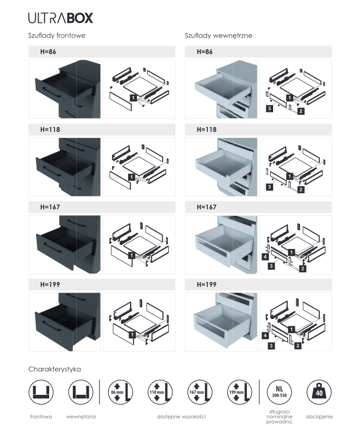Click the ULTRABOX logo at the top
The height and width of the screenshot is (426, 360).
[60, 19]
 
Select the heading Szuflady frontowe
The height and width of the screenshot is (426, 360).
[57, 36]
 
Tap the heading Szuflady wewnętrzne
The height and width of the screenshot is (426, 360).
[218, 36]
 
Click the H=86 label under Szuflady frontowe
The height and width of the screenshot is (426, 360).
[49, 52]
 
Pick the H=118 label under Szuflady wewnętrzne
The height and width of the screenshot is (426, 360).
[206, 129]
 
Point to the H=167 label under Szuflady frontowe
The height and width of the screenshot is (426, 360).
[50, 207]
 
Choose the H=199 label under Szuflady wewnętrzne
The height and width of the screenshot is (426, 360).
[206, 285]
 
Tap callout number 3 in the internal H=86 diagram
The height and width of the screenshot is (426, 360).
[270, 108]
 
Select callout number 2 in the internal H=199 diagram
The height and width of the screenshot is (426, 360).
[298, 346]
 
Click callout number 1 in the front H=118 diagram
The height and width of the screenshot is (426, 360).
[131, 177]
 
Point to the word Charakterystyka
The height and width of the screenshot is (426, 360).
[55, 369]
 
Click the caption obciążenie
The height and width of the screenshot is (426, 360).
[319, 416]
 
